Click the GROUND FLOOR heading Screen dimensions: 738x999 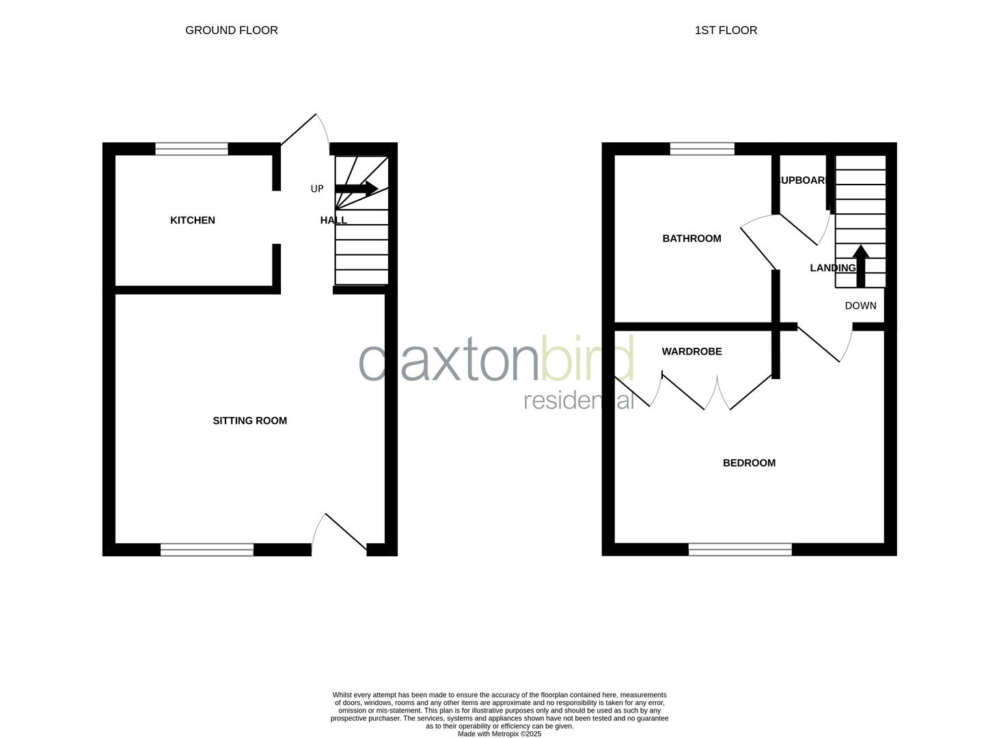point(231,30)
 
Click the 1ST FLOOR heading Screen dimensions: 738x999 point(726,30)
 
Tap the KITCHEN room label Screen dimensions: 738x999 point(193,220)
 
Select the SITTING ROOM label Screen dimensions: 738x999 point(250,421)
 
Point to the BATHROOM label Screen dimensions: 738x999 point(692,238)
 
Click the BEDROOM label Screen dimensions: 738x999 point(749,463)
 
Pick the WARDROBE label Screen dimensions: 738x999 point(692,352)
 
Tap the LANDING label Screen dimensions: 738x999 point(832,268)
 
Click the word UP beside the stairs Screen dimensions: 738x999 point(317,189)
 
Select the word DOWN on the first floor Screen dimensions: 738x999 point(860,306)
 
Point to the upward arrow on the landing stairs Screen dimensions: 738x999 point(860,265)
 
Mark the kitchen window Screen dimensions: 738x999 point(191,149)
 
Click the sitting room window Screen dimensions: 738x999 point(207,549)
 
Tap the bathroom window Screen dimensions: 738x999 point(702,149)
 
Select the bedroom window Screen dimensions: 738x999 point(740,549)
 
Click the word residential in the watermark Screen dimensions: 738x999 point(579,400)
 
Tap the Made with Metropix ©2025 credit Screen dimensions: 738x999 point(499,734)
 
